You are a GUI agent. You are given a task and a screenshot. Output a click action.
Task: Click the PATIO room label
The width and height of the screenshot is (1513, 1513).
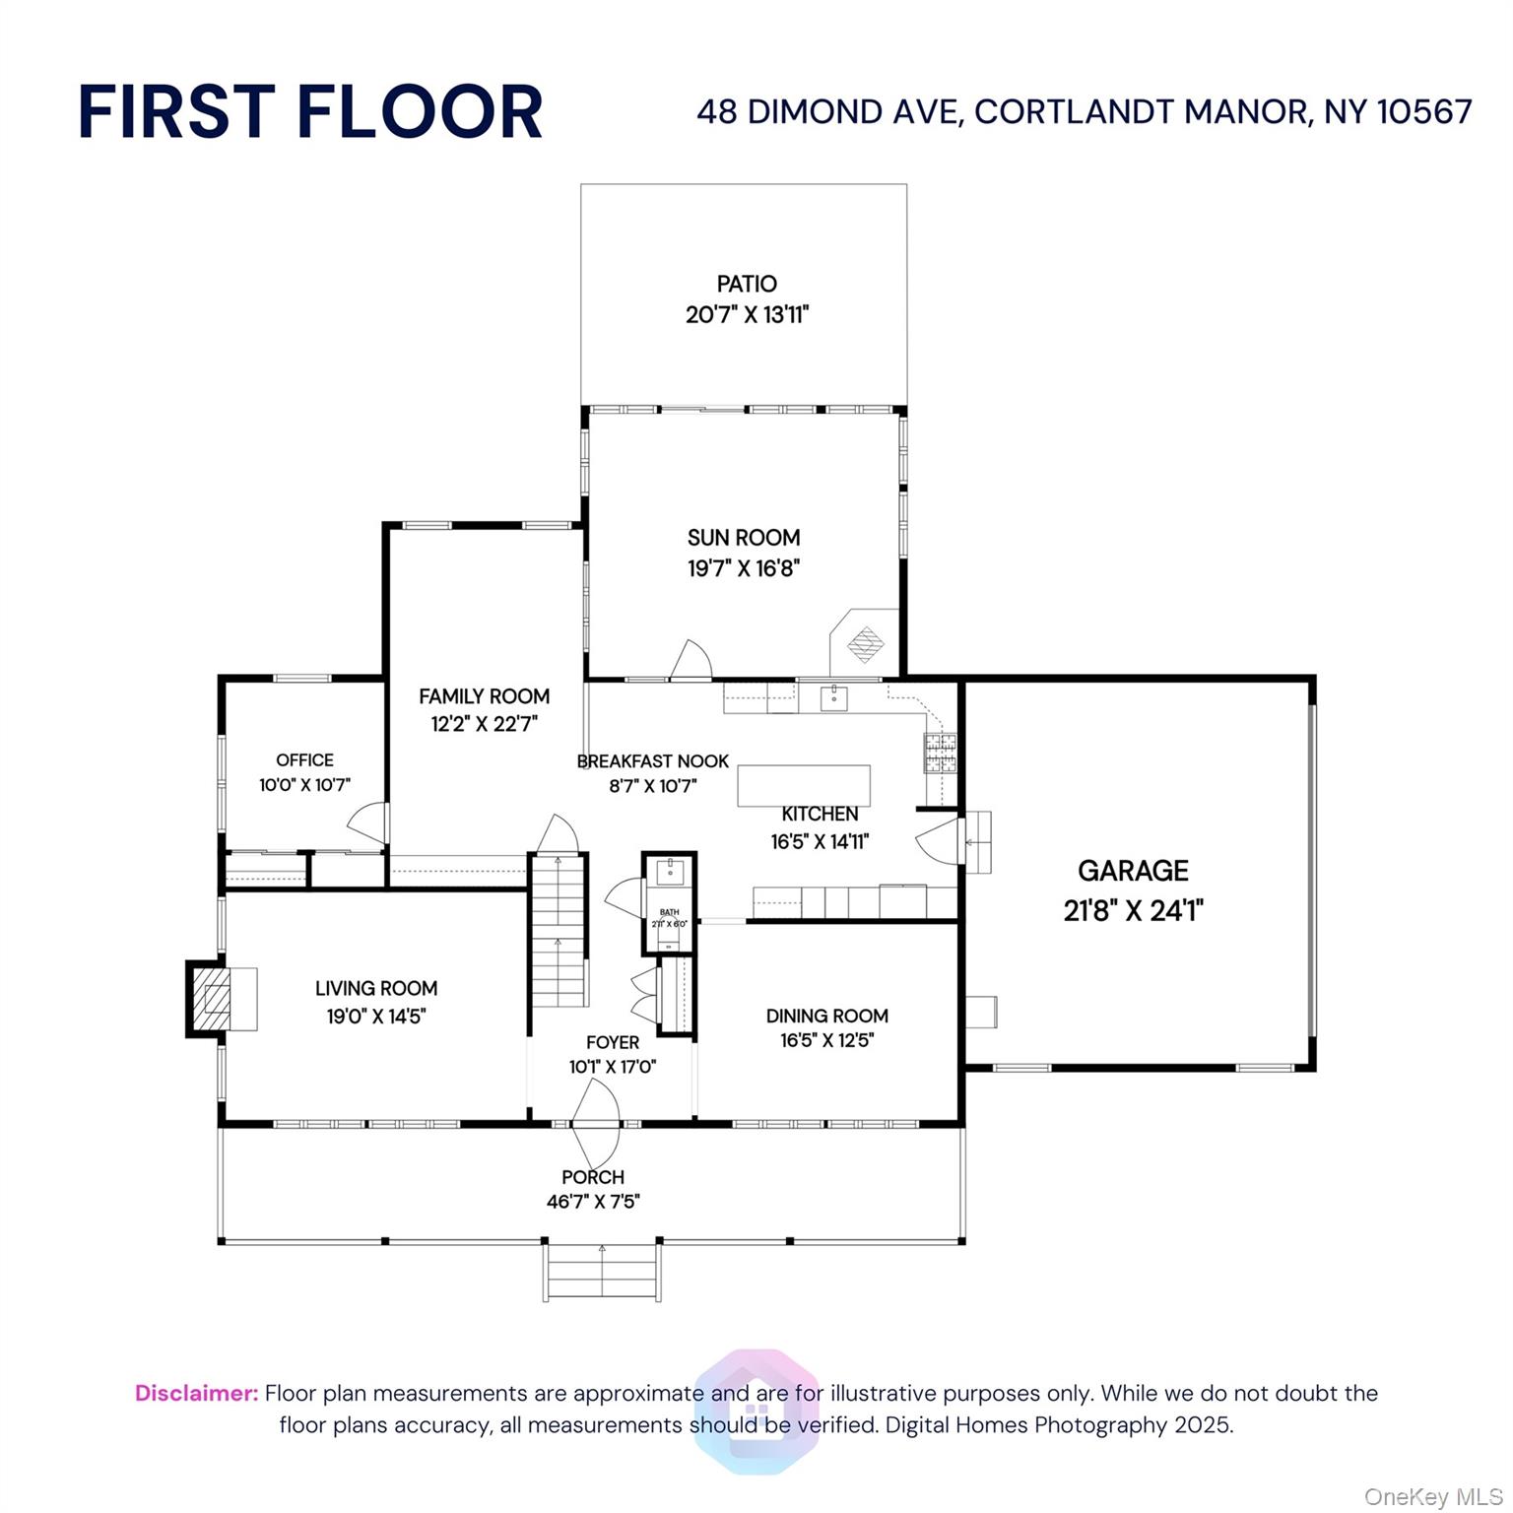pos(747,284)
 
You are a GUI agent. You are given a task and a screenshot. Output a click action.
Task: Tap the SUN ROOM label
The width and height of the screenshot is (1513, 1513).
pos(744,538)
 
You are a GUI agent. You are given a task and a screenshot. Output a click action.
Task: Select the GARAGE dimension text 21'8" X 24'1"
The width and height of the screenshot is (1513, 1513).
pos(1133,910)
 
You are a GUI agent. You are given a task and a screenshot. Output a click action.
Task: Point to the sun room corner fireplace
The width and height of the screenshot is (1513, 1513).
pos(866,644)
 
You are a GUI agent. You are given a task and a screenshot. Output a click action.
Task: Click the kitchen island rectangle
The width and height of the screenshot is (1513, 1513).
pos(804,785)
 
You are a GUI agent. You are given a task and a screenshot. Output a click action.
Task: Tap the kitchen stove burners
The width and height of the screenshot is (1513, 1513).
pos(940,753)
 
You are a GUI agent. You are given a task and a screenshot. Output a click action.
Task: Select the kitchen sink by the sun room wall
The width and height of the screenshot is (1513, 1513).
pos(833,698)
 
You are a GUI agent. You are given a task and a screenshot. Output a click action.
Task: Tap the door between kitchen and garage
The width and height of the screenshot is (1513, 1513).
pos(939,840)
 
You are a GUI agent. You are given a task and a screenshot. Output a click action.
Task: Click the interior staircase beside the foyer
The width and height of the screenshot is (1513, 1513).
pos(559,931)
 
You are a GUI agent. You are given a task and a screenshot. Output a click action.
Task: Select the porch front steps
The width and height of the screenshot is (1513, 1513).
pos(601,1273)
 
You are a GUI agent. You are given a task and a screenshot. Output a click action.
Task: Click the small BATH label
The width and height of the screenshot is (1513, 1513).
pos(670,912)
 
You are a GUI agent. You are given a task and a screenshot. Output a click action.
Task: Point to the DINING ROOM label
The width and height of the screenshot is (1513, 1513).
pos(827,1016)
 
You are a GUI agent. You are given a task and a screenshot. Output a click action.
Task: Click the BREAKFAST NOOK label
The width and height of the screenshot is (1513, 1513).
pos(652,761)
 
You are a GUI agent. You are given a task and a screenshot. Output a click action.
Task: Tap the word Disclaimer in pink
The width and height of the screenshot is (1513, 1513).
pos(196,1393)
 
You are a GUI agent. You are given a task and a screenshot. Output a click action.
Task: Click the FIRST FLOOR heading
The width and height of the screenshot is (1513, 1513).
pos(310,111)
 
